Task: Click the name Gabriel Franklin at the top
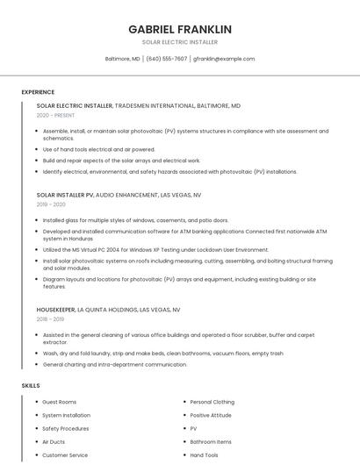(x=180, y=29)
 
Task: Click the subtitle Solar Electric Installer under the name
(x=180, y=42)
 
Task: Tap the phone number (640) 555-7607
(x=166, y=59)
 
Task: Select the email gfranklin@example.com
(x=224, y=59)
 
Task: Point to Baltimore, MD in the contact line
(x=122, y=59)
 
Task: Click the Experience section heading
(x=38, y=92)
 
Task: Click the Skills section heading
(x=31, y=385)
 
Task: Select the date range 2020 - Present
(x=55, y=115)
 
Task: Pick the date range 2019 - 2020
(x=51, y=204)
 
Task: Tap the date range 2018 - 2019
(x=51, y=319)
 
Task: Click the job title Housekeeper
(x=55, y=310)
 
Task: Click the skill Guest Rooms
(x=60, y=402)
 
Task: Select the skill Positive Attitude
(x=211, y=415)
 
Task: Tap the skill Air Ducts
(x=54, y=442)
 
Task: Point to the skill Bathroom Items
(x=211, y=442)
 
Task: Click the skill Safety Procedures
(x=65, y=429)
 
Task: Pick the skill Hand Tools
(x=204, y=455)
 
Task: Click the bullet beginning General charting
(x=114, y=364)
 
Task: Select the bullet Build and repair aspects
(x=121, y=161)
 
